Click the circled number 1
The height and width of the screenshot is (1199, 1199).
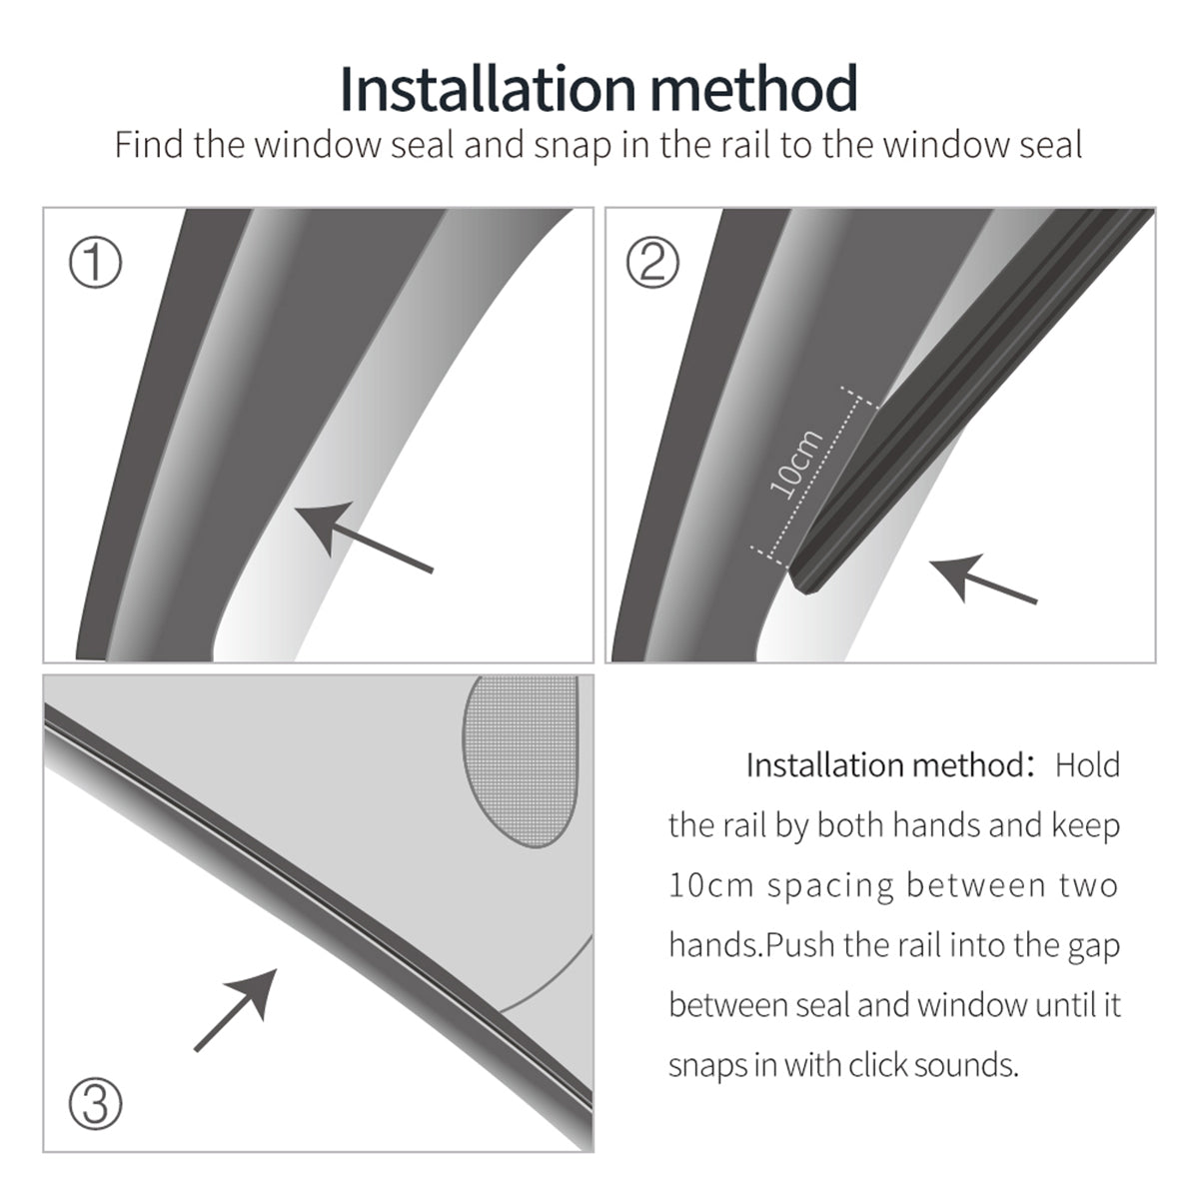point(95,264)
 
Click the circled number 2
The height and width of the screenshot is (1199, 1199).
point(652,264)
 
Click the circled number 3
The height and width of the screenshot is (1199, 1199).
point(95,1104)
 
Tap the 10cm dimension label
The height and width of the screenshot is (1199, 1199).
point(796,464)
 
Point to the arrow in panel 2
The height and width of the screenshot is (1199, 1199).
point(983,580)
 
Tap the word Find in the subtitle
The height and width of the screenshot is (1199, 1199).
point(150,145)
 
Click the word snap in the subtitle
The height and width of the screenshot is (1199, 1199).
point(572,146)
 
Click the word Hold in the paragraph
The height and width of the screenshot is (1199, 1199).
point(1087,765)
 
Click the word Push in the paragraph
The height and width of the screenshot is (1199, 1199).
point(800,945)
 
